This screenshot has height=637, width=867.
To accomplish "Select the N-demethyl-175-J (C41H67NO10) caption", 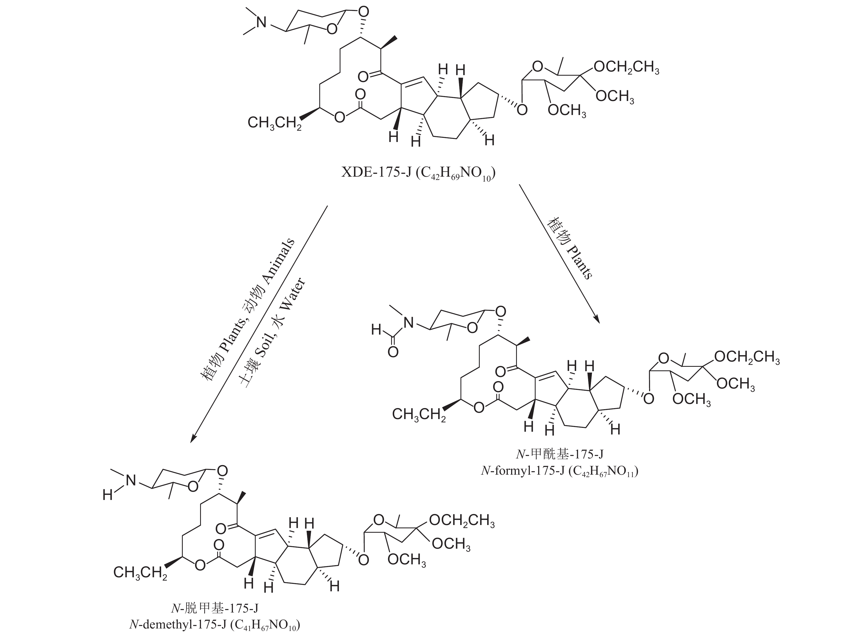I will [x=214, y=624].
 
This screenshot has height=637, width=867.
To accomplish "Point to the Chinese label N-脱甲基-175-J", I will [x=214, y=608].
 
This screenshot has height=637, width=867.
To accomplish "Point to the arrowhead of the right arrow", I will [x=597, y=319].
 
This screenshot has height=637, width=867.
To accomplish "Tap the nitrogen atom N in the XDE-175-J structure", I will [x=261, y=22].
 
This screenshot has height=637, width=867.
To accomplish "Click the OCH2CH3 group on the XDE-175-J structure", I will [x=626, y=67].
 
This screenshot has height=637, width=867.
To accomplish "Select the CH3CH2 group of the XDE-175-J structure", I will [x=274, y=123].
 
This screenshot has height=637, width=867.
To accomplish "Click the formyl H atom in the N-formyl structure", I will [x=376, y=330].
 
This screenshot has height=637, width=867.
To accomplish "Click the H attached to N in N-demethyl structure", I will [x=108, y=495].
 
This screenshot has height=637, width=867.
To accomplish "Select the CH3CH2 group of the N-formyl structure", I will [x=418, y=414].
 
